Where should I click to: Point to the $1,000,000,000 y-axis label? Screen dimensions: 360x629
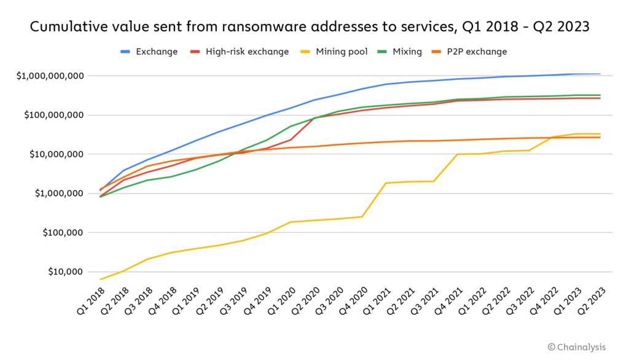51,76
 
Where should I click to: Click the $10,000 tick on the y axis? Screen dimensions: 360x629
66,272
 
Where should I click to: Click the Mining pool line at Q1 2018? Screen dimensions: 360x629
100,280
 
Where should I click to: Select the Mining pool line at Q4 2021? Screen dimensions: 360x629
457,154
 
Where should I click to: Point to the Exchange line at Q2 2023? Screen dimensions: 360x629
600,74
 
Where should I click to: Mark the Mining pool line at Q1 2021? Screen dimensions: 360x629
386,183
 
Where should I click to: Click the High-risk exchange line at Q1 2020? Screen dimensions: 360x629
291,139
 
